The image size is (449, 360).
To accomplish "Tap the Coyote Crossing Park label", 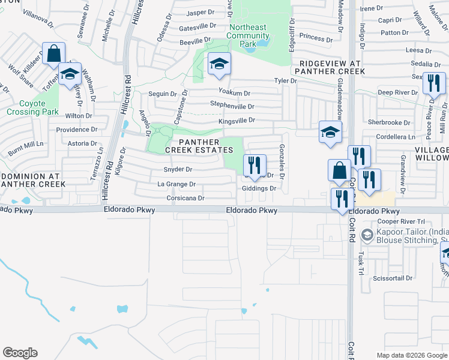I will (x=32, y=107).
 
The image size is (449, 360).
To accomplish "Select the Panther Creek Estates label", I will (x=204, y=145).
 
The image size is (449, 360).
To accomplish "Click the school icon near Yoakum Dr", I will (x=220, y=64).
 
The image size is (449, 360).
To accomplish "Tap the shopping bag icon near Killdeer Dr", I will (x=53, y=53).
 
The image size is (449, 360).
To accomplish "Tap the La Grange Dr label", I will (x=176, y=184).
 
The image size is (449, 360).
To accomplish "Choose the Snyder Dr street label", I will (x=178, y=170).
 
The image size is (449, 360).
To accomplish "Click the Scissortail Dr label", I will (x=393, y=278).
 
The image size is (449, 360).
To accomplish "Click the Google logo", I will (x=20, y=353).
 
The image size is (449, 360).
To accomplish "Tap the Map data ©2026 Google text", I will (x=411, y=355).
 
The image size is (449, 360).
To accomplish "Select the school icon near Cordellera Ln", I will (x=330, y=133).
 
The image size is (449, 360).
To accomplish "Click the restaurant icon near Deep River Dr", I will (x=433, y=83).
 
